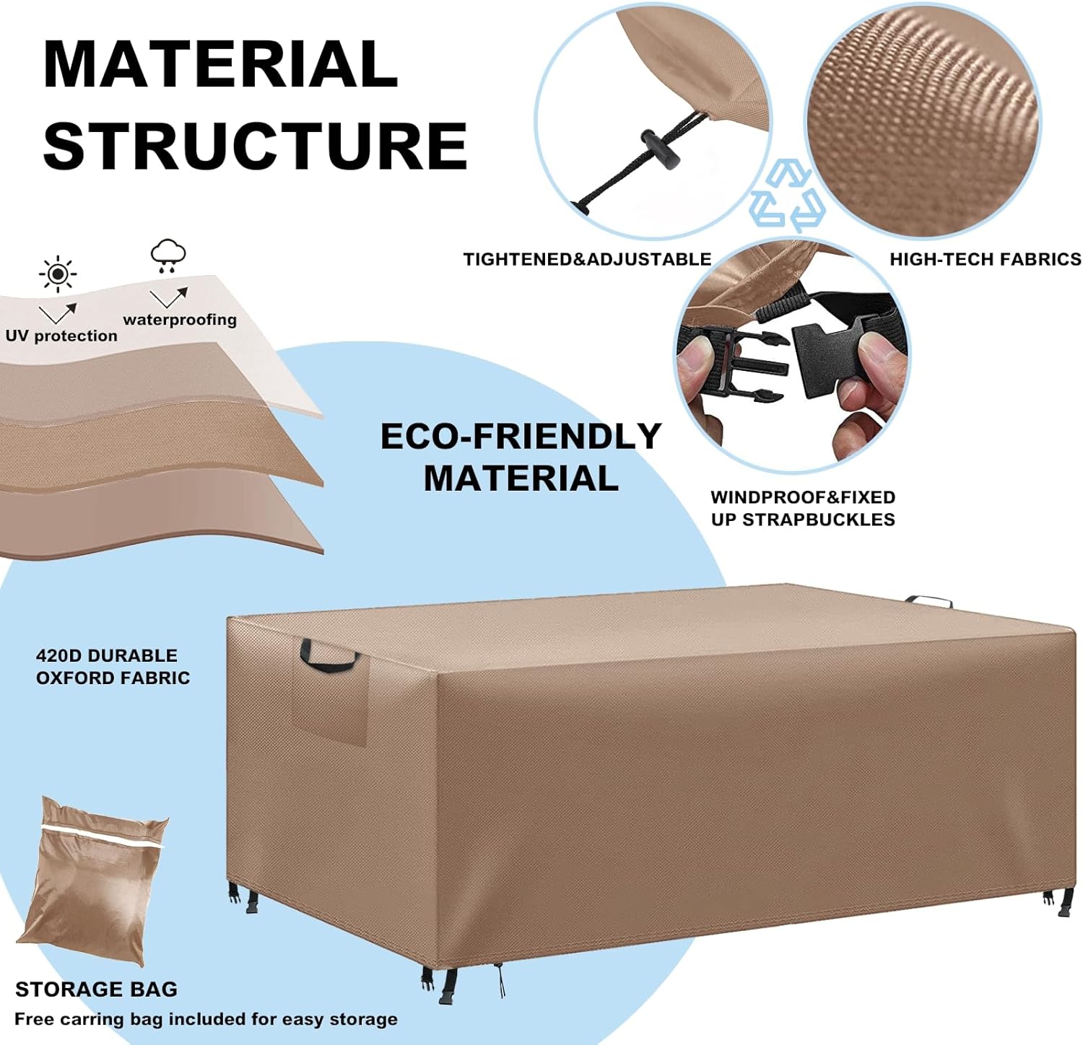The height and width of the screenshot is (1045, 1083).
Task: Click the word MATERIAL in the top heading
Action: [x=220, y=64]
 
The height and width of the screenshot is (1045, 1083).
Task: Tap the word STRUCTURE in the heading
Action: [x=255, y=146]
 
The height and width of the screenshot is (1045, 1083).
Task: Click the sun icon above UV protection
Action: [x=58, y=274]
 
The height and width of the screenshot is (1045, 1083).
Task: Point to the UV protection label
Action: [x=61, y=336]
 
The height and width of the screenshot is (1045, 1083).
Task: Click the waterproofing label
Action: [x=180, y=320]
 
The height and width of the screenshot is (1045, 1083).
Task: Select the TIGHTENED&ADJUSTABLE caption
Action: [x=587, y=259]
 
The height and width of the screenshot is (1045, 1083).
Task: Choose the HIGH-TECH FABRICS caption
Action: [x=986, y=259]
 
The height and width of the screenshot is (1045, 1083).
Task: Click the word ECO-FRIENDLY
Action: [x=521, y=437]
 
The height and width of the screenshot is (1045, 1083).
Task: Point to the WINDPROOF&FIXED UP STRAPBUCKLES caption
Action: [x=803, y=508]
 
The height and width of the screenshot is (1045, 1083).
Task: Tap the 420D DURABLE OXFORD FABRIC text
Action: [x=113, y=667]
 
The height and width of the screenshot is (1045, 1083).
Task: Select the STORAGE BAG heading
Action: [x=96, y=989]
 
